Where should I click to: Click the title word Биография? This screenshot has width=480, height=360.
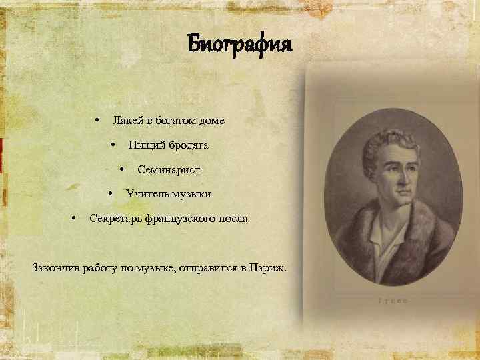239,45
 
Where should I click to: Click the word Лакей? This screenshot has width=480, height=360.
127,121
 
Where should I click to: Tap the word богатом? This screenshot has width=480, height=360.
178,121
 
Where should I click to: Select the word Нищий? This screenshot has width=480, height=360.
143,145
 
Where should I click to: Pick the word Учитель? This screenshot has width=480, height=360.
148,194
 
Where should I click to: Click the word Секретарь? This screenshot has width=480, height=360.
117,219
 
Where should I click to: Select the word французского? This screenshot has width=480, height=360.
185,219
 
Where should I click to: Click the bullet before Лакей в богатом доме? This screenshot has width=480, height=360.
97,121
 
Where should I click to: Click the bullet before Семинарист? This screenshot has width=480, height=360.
121,169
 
